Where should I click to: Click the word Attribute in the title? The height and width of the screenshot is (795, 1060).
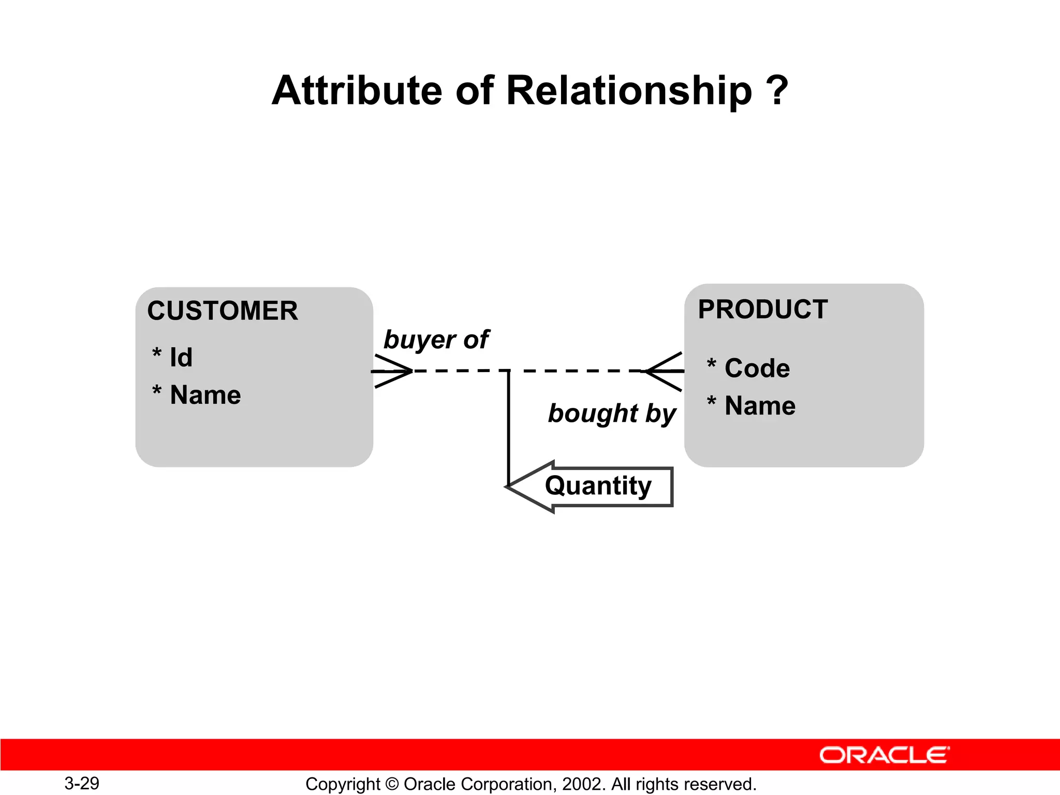(357, 91)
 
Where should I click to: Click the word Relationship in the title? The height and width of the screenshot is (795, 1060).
(628, 91)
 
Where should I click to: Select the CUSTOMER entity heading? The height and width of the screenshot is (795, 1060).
(223, 311)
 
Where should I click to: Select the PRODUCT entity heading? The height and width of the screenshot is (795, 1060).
(762, 310)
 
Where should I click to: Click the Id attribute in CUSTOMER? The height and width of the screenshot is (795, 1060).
(181, 358)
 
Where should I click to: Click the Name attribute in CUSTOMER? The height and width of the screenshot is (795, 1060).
(205, 395)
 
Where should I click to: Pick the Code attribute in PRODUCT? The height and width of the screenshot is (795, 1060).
(757, 369)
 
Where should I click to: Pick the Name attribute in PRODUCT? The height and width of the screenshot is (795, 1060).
(760, 406)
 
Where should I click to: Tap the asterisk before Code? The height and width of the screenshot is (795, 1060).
(712, 364)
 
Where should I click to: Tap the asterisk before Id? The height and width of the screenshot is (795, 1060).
(157, 354)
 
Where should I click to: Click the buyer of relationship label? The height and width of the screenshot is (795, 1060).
(436, 340)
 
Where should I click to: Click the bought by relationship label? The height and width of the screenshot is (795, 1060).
(612, 414)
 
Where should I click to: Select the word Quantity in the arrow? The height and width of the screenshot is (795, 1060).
(598, 486)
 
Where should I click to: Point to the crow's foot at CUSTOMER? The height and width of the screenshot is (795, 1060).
(392, 371)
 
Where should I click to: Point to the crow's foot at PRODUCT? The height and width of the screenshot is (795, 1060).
(665, 371)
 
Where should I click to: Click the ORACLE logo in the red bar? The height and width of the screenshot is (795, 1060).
(884, 755)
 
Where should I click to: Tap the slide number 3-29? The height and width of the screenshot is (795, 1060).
(82, 783)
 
